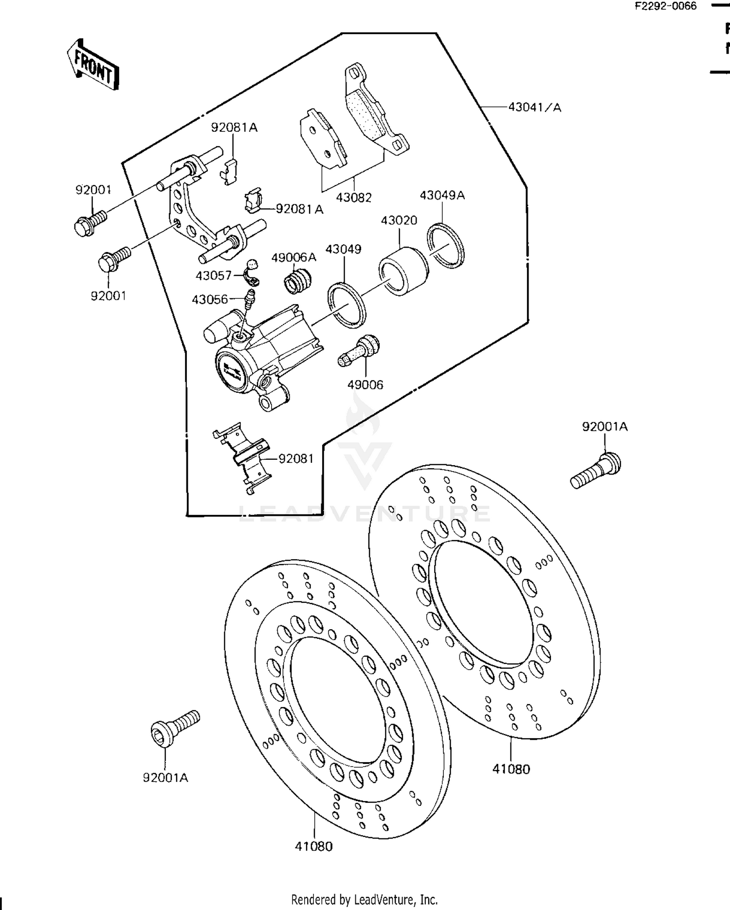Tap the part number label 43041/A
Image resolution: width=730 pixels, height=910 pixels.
tap(534, 107)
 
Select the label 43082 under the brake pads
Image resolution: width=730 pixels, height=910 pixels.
tap(354, 198)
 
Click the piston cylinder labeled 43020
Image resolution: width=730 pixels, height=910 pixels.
tap(403, 272)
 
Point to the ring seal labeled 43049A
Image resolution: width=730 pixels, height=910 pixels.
tap(446, 246)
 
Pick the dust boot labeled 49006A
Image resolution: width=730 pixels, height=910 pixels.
tap(297, 281)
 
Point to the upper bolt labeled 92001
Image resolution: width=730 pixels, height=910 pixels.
tap(91, 223)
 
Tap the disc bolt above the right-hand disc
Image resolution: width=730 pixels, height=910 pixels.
tap(595, 471)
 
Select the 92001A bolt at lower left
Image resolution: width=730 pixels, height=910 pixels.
tap(174, 725)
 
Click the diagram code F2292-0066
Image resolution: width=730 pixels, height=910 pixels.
tap(665, 7)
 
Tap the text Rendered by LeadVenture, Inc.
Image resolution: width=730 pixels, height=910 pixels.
tap(364, 899)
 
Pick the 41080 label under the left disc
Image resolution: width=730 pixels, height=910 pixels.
tap(314, 846)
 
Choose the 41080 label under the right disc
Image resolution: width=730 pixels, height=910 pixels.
tap(511, 769)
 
